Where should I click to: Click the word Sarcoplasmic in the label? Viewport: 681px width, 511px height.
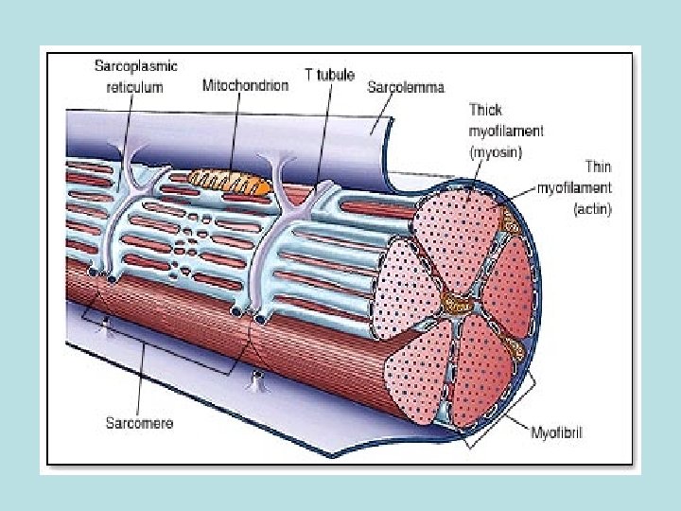(135, 67)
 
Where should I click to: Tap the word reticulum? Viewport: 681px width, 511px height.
(134, 86)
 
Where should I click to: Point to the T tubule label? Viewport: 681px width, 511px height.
(330, 76)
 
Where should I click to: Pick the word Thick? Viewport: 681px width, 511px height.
(486, 110)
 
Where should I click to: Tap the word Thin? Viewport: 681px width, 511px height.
(597, 167)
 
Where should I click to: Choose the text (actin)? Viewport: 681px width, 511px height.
(592, 207)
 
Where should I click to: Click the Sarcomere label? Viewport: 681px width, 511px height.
(139, 423)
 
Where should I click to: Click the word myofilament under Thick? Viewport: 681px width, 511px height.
(506, 130)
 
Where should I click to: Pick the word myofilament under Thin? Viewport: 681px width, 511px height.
(574, 187)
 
